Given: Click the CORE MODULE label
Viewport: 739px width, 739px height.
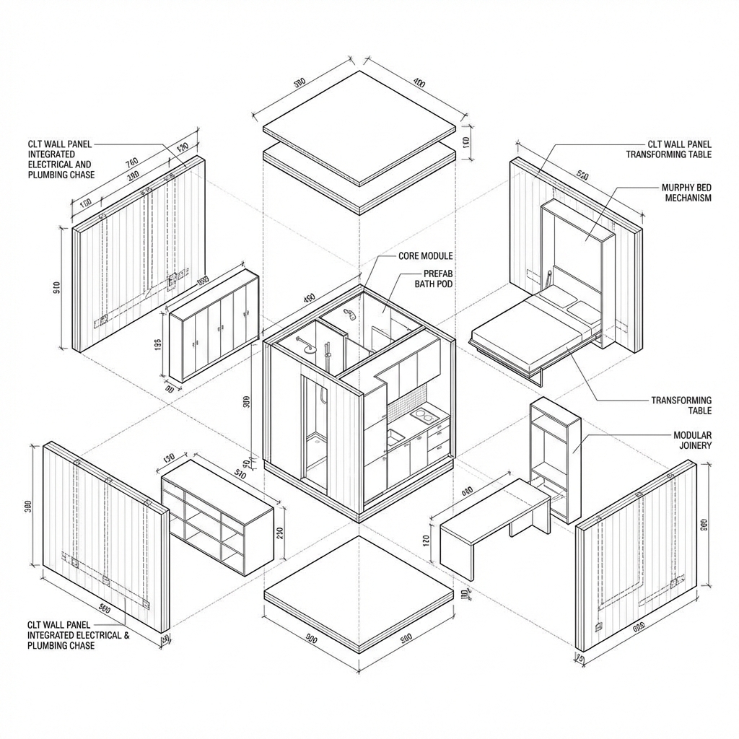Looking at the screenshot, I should pos(425,256).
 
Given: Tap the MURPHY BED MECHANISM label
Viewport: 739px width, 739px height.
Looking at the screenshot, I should pos(687,193).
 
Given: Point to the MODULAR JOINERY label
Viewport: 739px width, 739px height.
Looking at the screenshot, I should pos(692,440).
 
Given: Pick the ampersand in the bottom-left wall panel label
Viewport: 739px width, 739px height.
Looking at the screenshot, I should pos(127,635).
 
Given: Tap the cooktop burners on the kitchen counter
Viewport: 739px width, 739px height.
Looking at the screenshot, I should pos(423,416).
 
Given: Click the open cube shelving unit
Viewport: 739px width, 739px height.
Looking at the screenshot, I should pos(217,517).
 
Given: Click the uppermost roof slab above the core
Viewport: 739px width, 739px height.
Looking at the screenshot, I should pos(361,126).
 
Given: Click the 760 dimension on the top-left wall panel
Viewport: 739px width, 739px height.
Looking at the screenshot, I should pos(131,162).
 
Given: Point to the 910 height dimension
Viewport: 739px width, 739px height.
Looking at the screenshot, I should pos(56,287).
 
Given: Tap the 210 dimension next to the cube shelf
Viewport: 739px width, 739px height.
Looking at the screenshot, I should pos(281,533).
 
